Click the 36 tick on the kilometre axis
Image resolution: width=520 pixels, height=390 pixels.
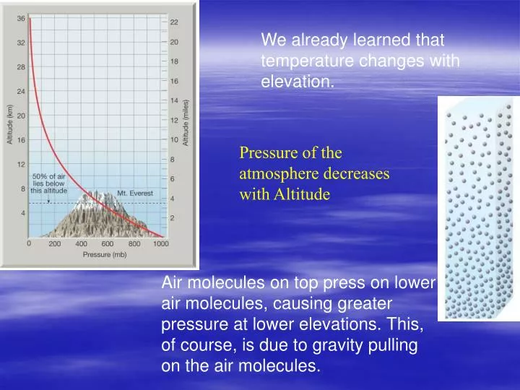(21, 18)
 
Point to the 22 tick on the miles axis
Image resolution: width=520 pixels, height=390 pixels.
(174, 22)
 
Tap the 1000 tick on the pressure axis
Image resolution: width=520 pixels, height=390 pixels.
(160, 244)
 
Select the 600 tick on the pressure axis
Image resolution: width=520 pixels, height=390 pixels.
(108, 244)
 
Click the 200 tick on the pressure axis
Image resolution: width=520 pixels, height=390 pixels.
(55, 244)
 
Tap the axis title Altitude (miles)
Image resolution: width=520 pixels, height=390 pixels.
(186, 123)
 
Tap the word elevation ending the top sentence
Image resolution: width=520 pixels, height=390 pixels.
(296, 82)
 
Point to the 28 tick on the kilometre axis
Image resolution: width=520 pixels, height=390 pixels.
(21, 67)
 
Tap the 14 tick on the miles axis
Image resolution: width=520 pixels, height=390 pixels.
(174, 100)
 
